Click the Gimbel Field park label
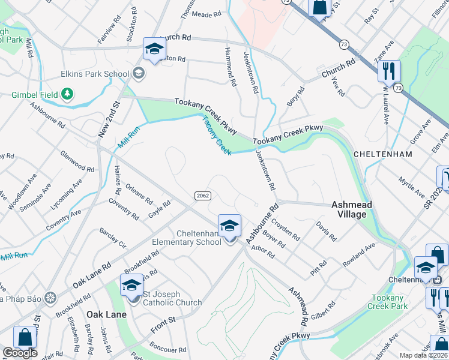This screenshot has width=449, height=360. tap(35, 95)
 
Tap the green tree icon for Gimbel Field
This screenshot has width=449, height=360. tap(68, 94)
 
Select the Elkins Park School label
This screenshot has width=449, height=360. tap(95, 74)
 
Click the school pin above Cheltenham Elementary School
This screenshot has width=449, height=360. tap(229, 226)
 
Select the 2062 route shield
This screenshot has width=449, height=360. tap(202, 196)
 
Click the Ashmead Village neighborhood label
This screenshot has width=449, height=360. tap(352, 209)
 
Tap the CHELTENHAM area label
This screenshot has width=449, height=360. tap(383, 154)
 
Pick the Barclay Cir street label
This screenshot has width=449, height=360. tap(113, 238)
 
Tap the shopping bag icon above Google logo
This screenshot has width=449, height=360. tap(25, 337)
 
